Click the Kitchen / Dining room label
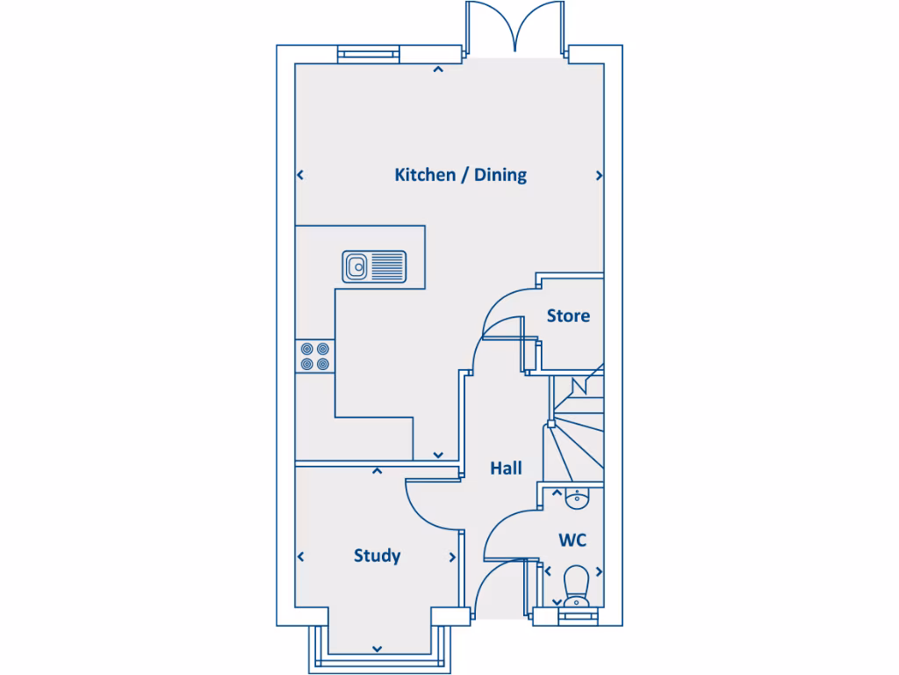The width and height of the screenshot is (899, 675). pos(460,175)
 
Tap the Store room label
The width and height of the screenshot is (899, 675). pos(568,316)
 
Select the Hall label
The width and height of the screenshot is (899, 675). pos(506,468)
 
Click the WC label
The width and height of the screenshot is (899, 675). pos(572,540)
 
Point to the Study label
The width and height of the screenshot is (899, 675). pos(377,555)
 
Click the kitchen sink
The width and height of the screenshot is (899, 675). pos(375,265)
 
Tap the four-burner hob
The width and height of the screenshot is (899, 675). pos(315,355)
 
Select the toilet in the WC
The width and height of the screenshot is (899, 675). pos(576,586)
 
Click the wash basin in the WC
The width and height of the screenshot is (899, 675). pos(576,499)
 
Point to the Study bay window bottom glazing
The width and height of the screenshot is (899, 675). pos(378,662)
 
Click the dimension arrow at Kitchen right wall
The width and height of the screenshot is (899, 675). pos(600,176)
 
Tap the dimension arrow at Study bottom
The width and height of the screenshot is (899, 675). pos(377,649)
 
